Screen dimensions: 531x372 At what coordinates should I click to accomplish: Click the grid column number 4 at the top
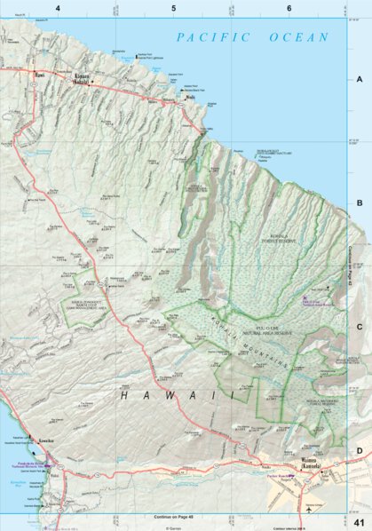pos(58,8)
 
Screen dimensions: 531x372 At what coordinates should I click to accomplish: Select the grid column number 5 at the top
pos(173,8)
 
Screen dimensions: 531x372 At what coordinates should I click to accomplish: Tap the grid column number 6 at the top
pos(289,8)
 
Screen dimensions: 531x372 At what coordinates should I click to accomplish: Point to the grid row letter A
pos(360,79)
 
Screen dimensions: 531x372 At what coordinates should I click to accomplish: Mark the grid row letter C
pos(360,327)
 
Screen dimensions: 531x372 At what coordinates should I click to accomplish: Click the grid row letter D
pos(360,450)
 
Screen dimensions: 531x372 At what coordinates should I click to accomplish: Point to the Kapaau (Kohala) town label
pos(82,83)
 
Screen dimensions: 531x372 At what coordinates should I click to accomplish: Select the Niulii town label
pos(189,98)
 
